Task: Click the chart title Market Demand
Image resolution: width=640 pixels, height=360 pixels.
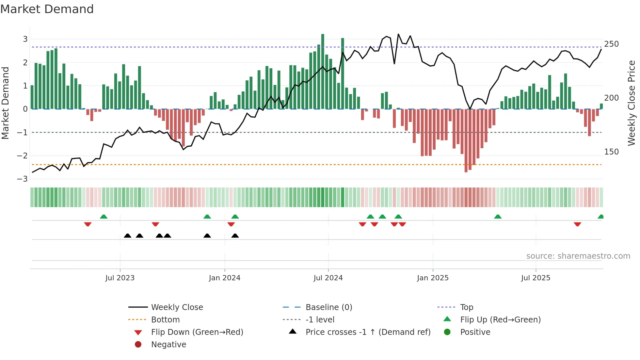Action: [x=47, y=9]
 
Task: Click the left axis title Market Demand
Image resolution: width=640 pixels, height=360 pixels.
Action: [x=5, y=103]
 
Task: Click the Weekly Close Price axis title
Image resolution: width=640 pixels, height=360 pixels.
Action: [x=632, y=103]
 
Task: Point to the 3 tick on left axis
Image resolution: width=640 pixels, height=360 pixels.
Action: [x=25, y=39]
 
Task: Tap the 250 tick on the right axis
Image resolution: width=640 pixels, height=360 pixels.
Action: [x=611, y=44]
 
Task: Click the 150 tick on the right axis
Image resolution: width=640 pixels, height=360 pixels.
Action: [x=611, y=152]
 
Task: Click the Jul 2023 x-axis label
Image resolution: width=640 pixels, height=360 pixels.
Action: [x=120, y=278]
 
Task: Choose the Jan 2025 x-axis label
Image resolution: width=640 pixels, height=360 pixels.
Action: [x=433, y=278]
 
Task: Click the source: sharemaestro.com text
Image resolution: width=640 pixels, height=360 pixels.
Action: [x=578, y=256]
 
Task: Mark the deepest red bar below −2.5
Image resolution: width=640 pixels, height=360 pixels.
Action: [x=466, y=140]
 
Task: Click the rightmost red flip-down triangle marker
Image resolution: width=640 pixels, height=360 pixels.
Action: [x=577, y=224]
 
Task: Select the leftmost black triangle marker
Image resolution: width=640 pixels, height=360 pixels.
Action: [x=128, y=236]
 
